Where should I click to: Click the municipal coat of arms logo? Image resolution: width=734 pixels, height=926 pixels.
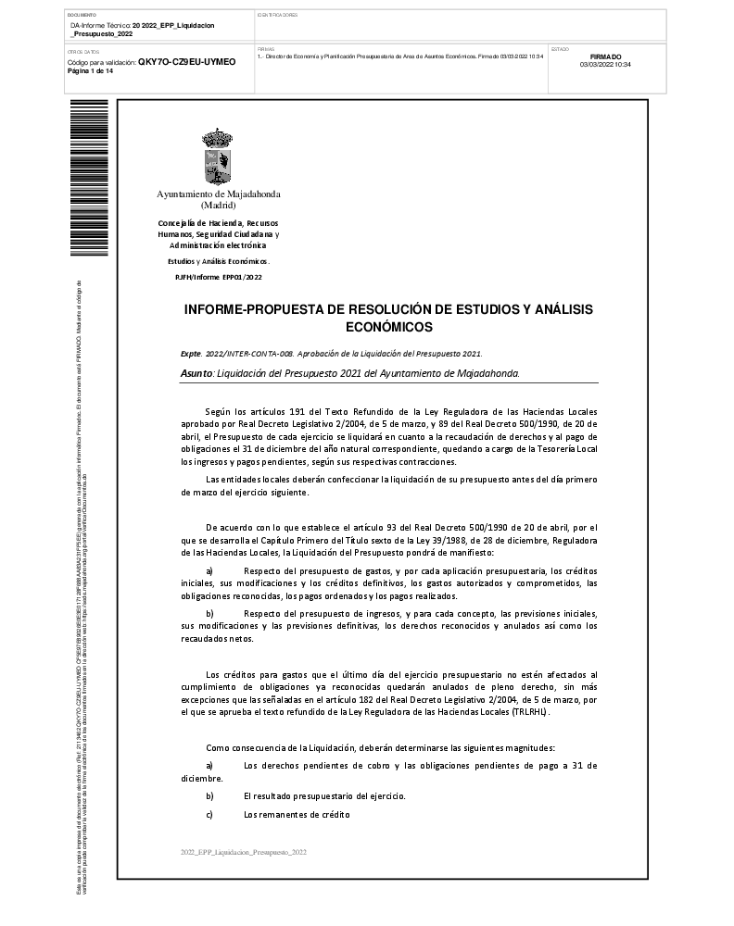click(x=218, y=156)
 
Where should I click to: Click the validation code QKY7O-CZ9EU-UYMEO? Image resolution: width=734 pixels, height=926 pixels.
click(x=186, y=62)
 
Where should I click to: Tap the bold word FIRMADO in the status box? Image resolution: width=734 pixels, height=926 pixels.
click(x=605, y=56)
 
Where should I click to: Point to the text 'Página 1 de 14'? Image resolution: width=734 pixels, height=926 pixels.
click(x=91, y=71)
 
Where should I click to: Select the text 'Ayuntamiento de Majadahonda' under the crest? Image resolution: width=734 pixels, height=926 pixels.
click(x=218, y=194)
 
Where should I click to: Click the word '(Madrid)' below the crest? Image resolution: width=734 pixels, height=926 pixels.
click(x=218, y=206)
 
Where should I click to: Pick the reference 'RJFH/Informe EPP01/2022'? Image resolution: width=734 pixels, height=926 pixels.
click(x=218, y=277)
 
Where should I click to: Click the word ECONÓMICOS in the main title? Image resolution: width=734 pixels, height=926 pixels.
click(x=388, y=328)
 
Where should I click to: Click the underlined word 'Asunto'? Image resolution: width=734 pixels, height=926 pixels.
click(x=196, y=373)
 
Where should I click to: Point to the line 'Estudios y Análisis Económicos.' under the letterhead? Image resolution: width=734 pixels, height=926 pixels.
click(x=218, y=262)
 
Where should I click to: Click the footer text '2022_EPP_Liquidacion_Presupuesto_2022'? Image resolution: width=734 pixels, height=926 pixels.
click(x=243, y=850)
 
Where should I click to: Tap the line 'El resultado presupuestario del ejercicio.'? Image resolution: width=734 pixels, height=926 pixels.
click(x=323, y=796)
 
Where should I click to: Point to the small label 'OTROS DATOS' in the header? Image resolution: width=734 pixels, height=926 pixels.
click(x=84, y=52)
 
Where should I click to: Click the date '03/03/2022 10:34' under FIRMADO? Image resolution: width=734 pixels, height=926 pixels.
click(x=605, y=65)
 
